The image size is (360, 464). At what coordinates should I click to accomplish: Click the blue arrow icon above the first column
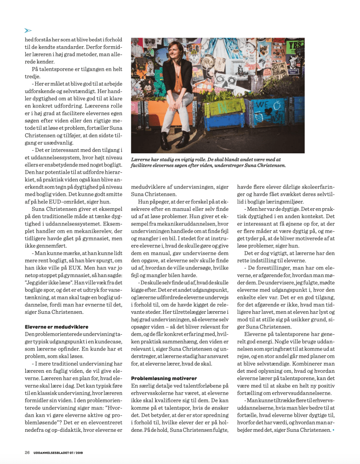28,30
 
